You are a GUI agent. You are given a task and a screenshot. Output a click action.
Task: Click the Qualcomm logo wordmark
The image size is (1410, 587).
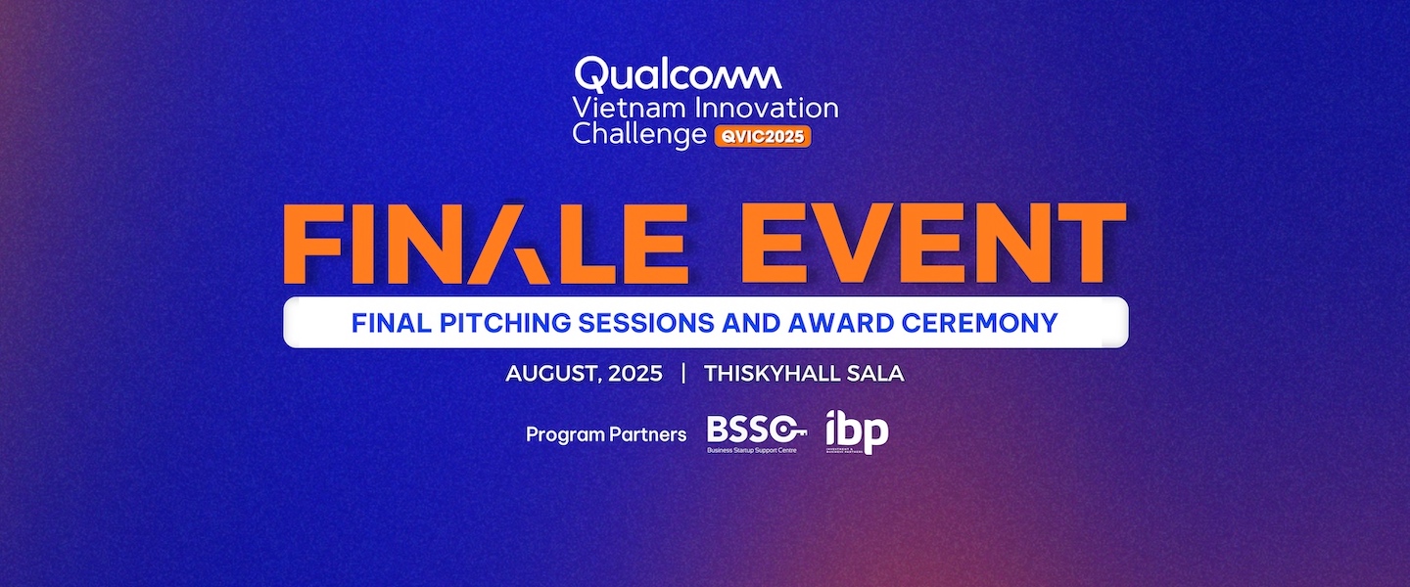(678, 75)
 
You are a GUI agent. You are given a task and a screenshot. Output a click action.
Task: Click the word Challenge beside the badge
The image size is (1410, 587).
(638, 135)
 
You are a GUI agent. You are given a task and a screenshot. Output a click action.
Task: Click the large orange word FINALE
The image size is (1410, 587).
(485, 244)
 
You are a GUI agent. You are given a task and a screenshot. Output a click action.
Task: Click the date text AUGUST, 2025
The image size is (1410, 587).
(584, 374)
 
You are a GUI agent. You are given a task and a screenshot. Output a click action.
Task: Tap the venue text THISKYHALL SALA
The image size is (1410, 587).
(803, 374)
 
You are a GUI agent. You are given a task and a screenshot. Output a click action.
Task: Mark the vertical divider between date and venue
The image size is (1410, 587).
(683, 374)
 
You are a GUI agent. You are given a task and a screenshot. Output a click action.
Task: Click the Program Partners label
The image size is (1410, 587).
(606, 434)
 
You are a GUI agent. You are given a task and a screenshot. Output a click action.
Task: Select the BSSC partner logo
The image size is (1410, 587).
(757, 433)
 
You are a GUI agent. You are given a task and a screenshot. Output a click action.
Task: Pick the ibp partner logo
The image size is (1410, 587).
(856, 431)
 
